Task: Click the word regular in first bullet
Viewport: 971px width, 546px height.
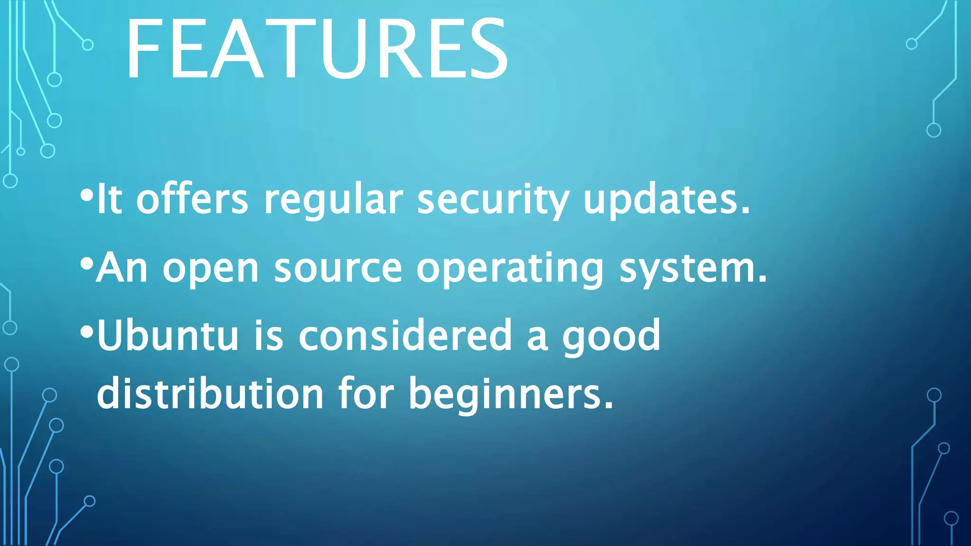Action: (333, 200)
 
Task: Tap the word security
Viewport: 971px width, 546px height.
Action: (493, 200)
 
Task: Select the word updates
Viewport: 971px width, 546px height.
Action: (666, 199)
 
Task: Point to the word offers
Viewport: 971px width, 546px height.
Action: (192, 199)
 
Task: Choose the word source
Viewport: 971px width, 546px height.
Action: (338, 268)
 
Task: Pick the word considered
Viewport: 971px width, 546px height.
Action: (405, 336)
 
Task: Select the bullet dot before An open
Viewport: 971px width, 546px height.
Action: (86, 264)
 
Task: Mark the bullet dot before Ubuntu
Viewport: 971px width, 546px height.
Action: (86, 331)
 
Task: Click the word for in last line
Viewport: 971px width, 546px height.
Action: (366, 393)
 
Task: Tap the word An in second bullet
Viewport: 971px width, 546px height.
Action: (122, 268)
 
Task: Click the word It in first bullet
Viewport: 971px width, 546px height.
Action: (109, 199)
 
